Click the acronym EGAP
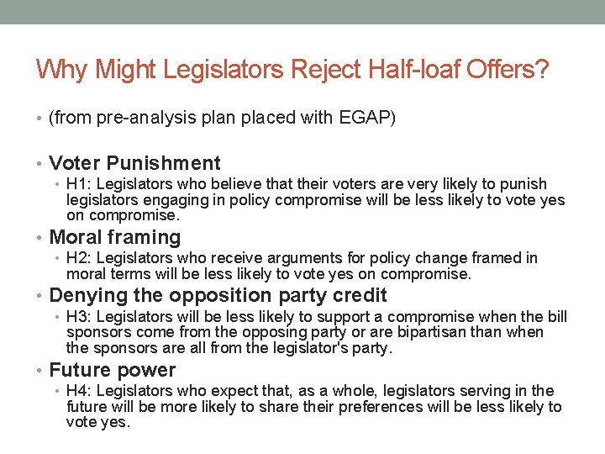(366, 119)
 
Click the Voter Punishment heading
(134, 163)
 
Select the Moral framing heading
(115, 237)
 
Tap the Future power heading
(113, 370)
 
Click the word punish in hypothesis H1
(525, 184)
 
